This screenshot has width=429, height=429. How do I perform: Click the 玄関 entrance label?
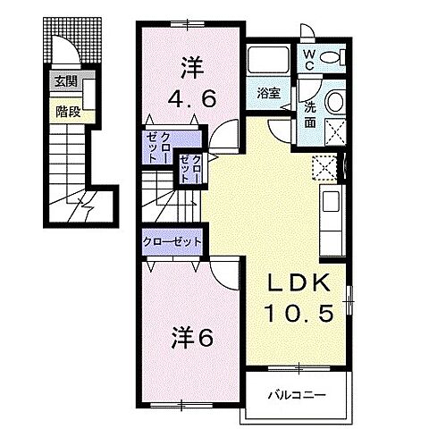(x=66, y=81)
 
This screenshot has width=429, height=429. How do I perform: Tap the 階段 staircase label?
(x=68, y=112)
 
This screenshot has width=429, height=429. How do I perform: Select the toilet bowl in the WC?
(x=331, y=56)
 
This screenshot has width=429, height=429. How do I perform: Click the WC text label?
(x=309, y=60)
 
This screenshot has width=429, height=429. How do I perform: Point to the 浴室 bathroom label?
(x=268, y=93)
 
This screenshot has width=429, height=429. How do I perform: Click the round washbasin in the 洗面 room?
(x=335, y=101)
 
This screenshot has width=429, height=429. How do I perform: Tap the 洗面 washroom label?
(x=310, y=115)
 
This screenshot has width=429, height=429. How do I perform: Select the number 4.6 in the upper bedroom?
(x=191, y=98)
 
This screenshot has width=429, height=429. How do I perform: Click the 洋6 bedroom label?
(x=192, y=339)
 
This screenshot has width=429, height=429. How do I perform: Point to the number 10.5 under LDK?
(x=299, y=314)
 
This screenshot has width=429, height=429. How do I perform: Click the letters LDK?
(x=299, y=282)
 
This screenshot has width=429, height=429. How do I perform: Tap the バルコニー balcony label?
(x=297, y=395)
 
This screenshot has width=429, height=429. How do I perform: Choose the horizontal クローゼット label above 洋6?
(x=172, y=241)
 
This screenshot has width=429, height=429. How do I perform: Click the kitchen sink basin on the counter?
(x=331, y=201)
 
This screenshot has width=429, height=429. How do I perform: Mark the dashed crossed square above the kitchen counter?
(x=324, y=167)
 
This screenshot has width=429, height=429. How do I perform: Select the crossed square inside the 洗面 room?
(x=335, y=132)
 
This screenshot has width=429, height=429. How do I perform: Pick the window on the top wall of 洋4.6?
(x=188, y=23)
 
